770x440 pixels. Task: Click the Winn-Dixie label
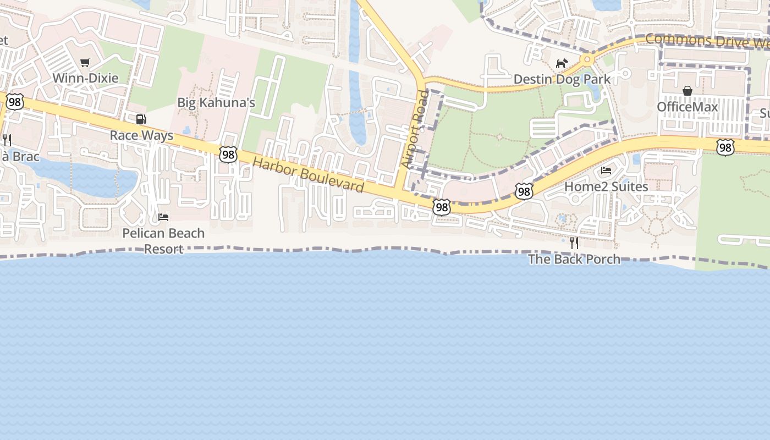85,78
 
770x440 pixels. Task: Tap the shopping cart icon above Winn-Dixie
85,63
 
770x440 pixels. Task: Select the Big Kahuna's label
216,103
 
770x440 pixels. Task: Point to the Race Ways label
141,135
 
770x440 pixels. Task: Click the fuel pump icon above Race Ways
141,119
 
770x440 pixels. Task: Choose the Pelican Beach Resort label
163,241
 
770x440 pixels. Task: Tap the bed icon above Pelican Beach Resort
163,217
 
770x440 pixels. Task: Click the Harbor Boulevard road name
308,175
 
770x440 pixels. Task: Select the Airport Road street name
415,129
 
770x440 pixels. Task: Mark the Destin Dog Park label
562,79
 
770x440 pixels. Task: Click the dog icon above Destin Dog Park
561,64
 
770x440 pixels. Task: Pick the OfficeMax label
687,107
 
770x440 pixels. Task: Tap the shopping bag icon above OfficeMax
687,91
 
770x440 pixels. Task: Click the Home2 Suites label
606,186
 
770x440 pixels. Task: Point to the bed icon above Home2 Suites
606,170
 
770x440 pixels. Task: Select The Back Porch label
574,259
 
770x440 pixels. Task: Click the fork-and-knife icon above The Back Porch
574,243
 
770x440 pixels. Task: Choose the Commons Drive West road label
707,41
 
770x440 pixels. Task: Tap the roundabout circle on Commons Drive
587,59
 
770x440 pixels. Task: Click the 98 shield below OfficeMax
725,147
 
